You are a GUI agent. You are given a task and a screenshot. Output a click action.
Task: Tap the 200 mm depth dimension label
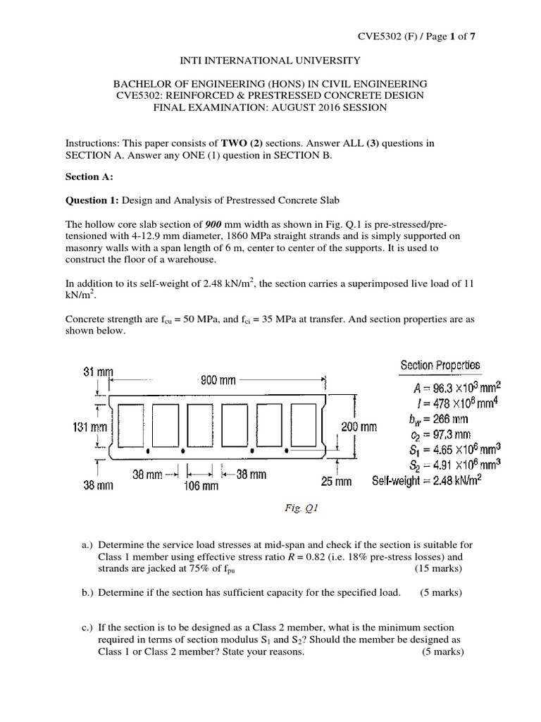(x=359, y=427)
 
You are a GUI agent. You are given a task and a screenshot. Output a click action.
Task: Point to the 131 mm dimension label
(x=90, y=427)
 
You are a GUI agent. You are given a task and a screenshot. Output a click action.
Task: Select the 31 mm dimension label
(x=99, y=372)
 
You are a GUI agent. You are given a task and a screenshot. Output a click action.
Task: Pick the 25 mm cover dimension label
(x=337, y=482)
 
